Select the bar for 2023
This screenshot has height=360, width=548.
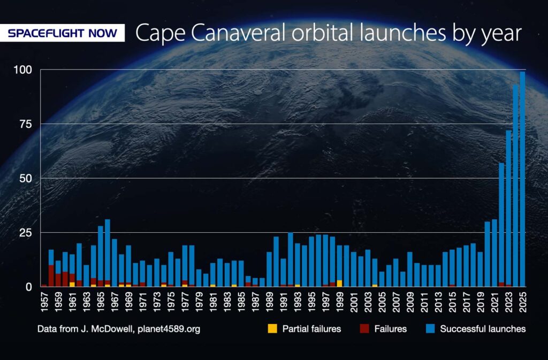[508, 209]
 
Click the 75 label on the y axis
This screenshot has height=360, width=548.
[27, 124]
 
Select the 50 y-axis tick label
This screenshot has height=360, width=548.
[27, 178]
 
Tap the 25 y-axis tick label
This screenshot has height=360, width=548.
[27, 233]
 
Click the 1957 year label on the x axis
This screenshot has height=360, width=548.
[44, 303]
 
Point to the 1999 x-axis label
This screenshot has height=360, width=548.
[340, 303]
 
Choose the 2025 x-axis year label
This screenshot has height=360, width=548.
[523, 303]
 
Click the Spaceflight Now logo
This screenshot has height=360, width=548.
[63, 33]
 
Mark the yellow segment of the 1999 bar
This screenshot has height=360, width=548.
[339, 284]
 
